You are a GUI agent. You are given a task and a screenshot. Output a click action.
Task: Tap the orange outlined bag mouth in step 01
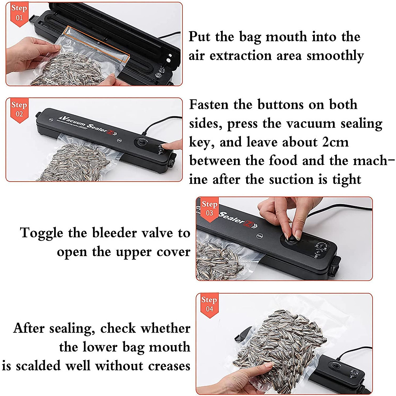[x=96, y=45]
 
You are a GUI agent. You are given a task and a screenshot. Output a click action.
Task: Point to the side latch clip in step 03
[x=335, y=266]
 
